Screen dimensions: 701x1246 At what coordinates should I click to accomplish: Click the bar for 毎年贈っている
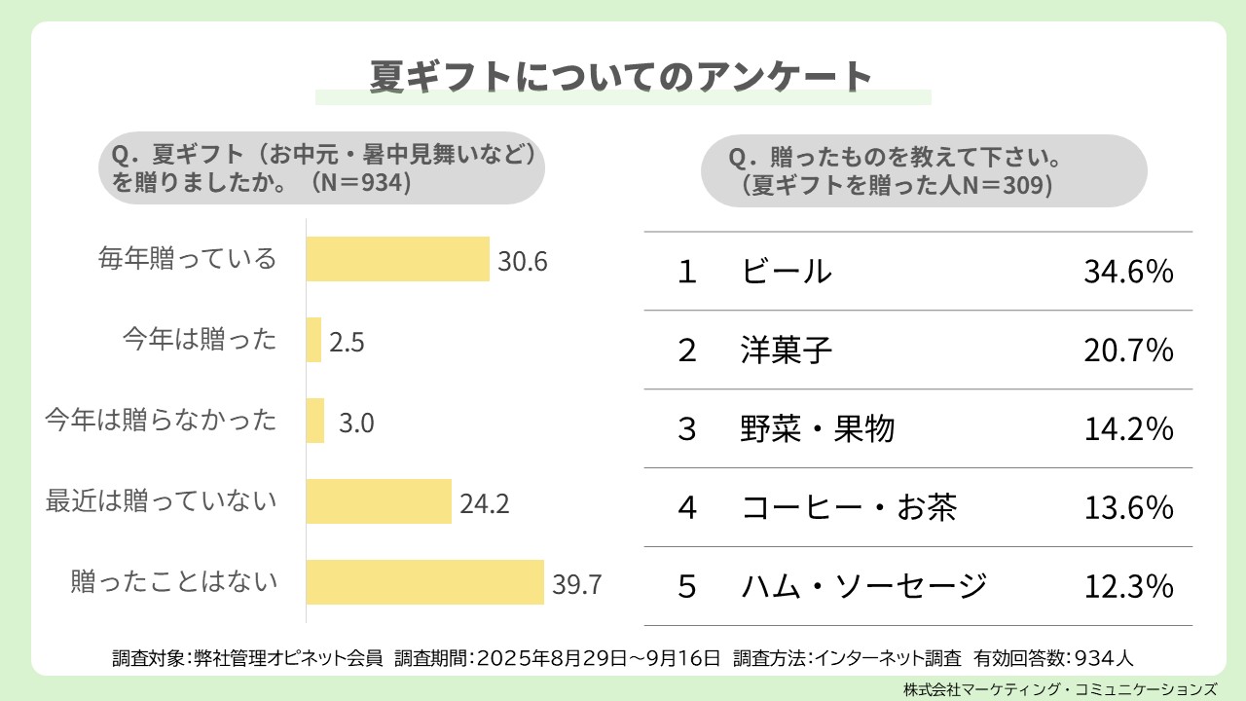397,259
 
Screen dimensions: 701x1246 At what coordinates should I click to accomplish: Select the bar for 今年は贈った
313,340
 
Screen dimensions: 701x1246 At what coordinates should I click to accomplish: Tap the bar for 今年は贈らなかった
315,421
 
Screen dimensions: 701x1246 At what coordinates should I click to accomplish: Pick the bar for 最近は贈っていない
379,501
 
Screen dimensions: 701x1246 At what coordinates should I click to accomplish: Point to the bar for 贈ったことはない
424,582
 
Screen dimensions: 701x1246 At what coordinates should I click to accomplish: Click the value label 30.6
523,262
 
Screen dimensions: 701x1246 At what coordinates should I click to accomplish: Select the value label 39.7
577,584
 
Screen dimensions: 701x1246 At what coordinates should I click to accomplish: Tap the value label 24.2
484,503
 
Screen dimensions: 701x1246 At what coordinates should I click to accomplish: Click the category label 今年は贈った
200,340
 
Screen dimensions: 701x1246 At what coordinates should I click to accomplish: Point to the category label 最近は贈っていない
162,501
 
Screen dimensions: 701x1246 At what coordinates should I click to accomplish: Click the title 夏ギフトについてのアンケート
622,77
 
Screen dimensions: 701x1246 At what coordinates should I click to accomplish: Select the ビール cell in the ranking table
787,272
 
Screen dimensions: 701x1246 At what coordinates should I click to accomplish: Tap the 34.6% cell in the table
1128,272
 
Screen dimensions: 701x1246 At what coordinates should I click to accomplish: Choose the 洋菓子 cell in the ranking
787,350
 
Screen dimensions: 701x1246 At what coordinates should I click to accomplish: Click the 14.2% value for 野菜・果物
1128,429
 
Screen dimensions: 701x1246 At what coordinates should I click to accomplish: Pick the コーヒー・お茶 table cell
849,508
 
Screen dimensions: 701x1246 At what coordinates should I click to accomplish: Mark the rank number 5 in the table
687,587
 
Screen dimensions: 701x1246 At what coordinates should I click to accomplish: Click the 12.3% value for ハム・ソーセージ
1128,587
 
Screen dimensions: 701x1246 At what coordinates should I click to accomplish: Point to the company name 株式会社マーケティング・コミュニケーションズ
1060,688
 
